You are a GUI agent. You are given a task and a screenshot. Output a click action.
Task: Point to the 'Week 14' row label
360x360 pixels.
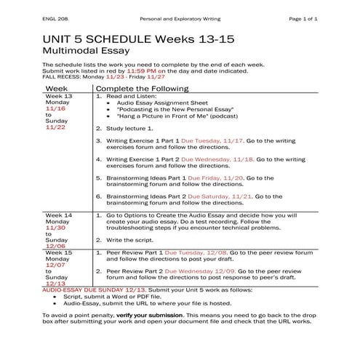coord(59,216)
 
